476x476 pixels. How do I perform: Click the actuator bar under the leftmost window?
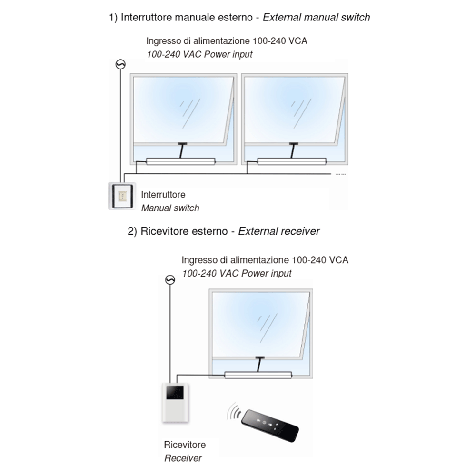(x=181, y=161)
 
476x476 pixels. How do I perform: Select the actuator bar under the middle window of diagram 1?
(x=291, y=161)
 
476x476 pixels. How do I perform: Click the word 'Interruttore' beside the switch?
(x=163, y=195)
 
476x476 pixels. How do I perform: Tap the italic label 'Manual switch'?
(x=170, y=208)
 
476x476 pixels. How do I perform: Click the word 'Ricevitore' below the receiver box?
(x=185, y=445)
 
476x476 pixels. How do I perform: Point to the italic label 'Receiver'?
(x=183, y=458)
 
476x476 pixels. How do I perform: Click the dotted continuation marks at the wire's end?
(x=341, y=175)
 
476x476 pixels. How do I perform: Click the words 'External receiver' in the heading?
(x=279, y=231)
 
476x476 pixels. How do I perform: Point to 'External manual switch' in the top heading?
(x=316, y=18)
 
